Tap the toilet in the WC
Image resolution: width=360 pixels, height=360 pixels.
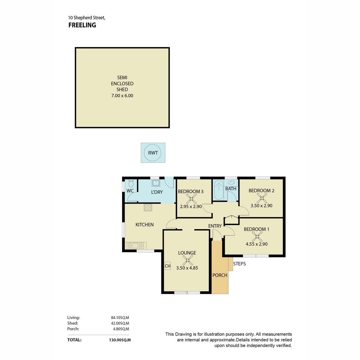(x=131, y=183)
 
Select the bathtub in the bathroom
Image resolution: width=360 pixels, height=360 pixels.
(x=218, y=190)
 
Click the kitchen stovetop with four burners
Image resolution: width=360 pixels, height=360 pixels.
(x=148, y=207)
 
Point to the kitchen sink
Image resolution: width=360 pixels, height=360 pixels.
(x=135, y=245)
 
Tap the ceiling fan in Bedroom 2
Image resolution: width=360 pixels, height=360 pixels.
(x=262, y=198)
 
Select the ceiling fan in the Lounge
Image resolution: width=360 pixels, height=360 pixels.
(x=187, y=260)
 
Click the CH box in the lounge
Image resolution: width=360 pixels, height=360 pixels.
(x=168, y=266)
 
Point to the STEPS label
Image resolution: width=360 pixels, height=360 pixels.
(x=239, y=264)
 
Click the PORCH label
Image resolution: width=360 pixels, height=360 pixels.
(x=220, y=275)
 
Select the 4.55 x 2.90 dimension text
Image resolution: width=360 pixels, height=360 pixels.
(x=256, y=244)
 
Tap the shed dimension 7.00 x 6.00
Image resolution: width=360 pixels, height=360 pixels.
(x=122, y=96)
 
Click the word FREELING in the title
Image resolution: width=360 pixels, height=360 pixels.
(x=82, y=25)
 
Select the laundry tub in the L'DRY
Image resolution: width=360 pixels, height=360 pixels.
(x=156, y=183)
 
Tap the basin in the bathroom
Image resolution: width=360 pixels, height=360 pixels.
(x=231, y=182)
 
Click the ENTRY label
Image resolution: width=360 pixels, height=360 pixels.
(x=215, y=226)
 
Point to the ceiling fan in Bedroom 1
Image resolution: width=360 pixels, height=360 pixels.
(x=257, y=237)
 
